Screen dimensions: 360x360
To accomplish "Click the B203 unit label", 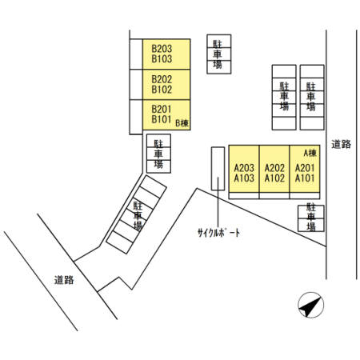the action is click(x=162, y=49).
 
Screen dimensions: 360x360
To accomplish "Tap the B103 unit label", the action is click(x=162, y=59).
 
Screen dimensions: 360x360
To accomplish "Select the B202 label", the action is click(x=162, y=79).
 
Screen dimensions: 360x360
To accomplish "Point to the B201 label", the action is click(x=162, y=110).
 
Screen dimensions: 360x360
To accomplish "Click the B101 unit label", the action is click(x=162, y=119).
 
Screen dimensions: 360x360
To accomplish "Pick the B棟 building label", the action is click(x=182, y=123).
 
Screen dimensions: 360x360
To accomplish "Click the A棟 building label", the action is click(x=310, y=153).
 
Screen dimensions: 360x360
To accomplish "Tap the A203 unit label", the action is click(x=244, y=168).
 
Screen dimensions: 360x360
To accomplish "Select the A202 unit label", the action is click(x=274, y=168).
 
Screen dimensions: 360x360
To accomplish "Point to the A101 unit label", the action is click(x=305, y=178).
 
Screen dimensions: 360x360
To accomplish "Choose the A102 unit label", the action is click(x=274, y=178).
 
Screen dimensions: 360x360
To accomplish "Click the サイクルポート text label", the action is click(x=218, y=233).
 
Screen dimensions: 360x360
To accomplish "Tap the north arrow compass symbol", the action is click(x=311, y=305).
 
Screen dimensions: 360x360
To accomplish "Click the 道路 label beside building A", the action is click(x=341, y=144).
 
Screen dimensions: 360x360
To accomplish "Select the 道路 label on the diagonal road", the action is click(x=64, y=280).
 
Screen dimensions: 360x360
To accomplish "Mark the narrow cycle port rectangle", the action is click(x=218, y=169).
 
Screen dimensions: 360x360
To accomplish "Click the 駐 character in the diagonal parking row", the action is click(x=138, y=206).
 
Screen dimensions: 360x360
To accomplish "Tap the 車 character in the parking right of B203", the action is click(x=218, y=54).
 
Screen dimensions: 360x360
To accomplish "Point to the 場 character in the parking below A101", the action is click(x=311, y=226).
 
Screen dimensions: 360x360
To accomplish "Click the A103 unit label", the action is click(x=244, y=178).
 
